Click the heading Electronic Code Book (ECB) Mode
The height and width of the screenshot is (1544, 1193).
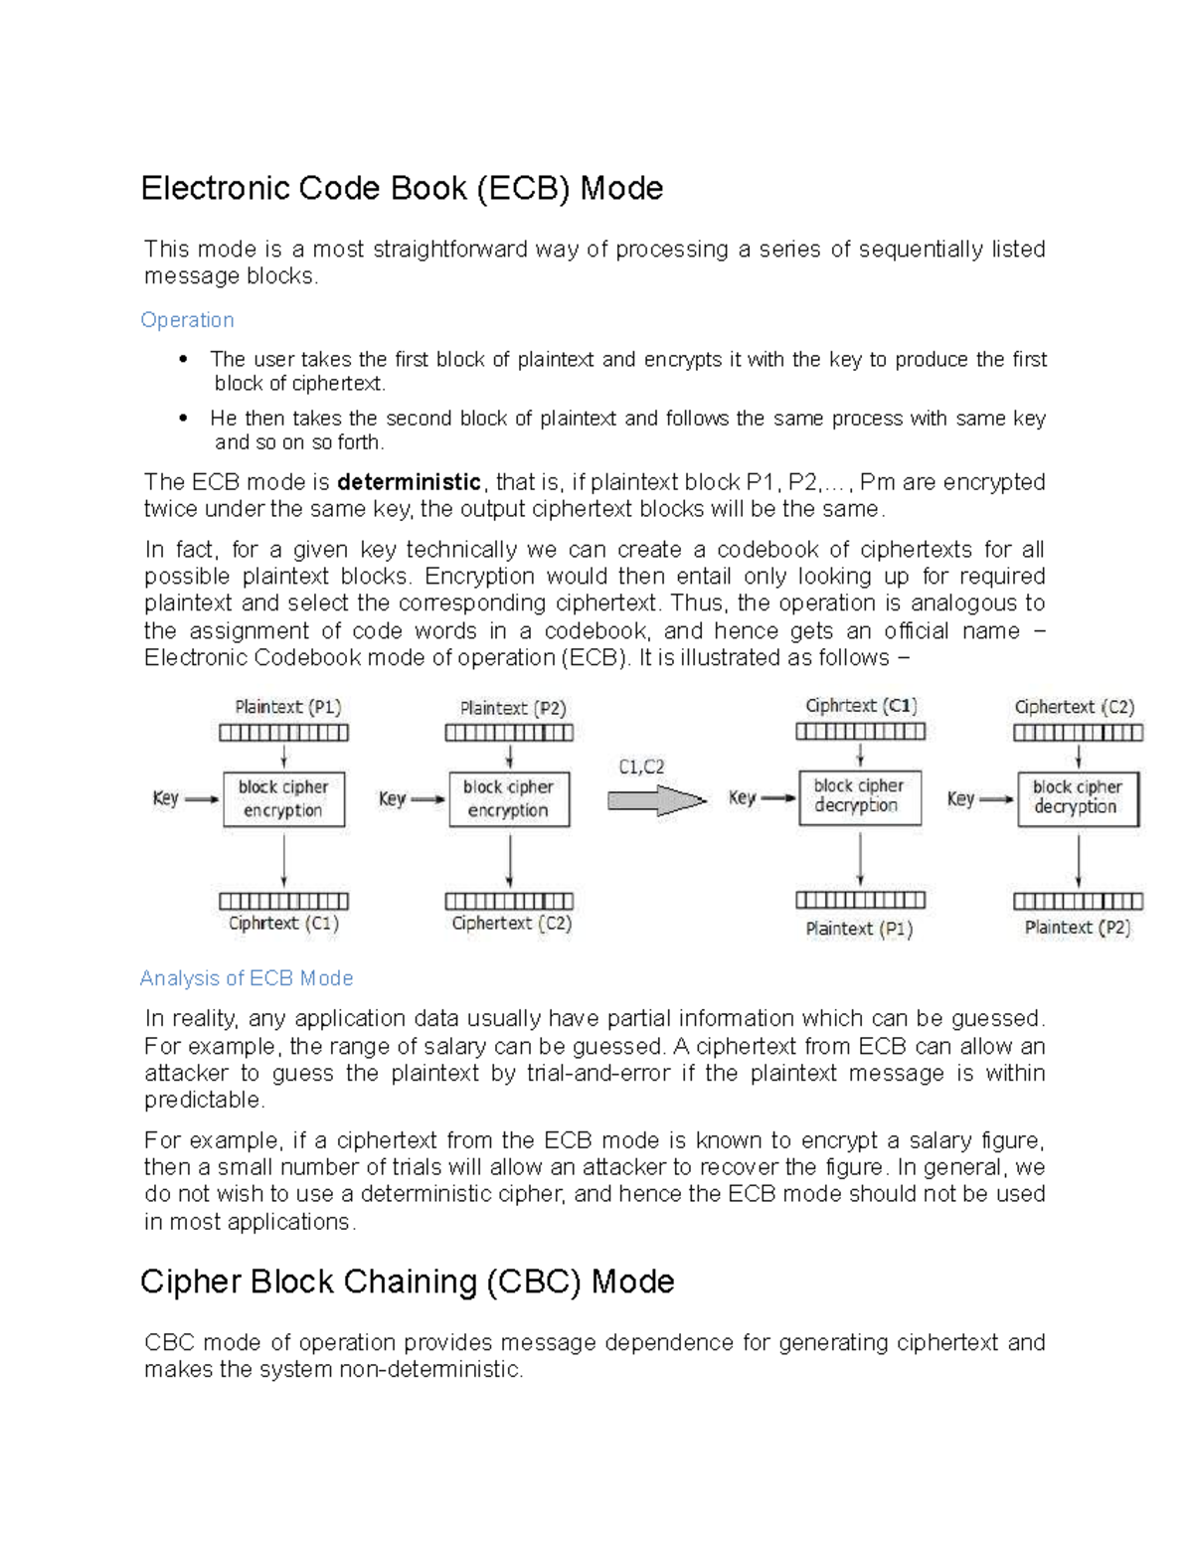402,188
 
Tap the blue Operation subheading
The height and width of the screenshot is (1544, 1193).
187,320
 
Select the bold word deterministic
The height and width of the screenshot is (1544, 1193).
409,482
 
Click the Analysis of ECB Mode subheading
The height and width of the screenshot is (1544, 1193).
247,978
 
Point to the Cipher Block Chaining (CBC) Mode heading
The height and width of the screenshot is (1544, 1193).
407,1282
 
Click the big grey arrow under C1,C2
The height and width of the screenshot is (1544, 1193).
656,800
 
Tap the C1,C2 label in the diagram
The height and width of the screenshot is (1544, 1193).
641,767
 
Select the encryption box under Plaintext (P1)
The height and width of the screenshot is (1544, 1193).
283,799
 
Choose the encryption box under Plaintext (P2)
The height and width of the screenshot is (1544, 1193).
509,799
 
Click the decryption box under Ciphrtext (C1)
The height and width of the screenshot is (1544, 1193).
860,797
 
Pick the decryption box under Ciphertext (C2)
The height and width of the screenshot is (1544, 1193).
1078,798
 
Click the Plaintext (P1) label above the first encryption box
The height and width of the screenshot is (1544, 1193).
287,707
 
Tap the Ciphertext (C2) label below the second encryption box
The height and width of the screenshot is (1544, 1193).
511,923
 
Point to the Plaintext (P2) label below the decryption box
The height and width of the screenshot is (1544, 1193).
1078,928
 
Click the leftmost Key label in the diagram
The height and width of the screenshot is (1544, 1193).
165,798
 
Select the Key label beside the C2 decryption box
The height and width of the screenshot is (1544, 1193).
960,799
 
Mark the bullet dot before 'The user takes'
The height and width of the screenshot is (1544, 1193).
182,360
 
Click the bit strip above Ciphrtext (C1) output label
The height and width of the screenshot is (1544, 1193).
283,901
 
